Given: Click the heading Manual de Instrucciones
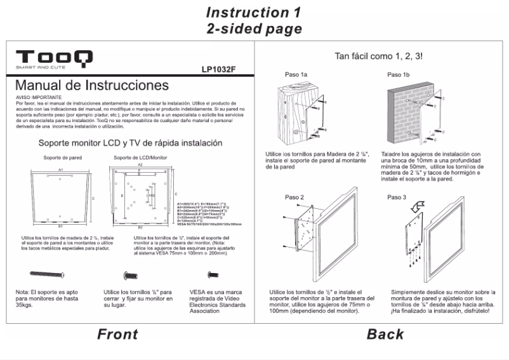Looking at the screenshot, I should point(92,86).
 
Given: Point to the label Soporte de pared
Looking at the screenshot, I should point(60,157).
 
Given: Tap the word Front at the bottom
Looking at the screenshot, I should point(117,334).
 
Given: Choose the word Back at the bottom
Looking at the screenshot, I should point(385,334).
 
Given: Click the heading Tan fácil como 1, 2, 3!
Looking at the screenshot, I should point(379,57).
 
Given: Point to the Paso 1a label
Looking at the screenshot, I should point(296,75).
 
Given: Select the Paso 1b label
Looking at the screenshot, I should point(398,75).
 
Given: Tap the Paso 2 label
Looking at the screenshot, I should point(294,197).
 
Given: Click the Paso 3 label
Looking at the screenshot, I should point(396,197).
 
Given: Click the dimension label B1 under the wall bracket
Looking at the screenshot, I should point(60,227).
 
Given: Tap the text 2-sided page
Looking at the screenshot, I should point(254,29).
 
